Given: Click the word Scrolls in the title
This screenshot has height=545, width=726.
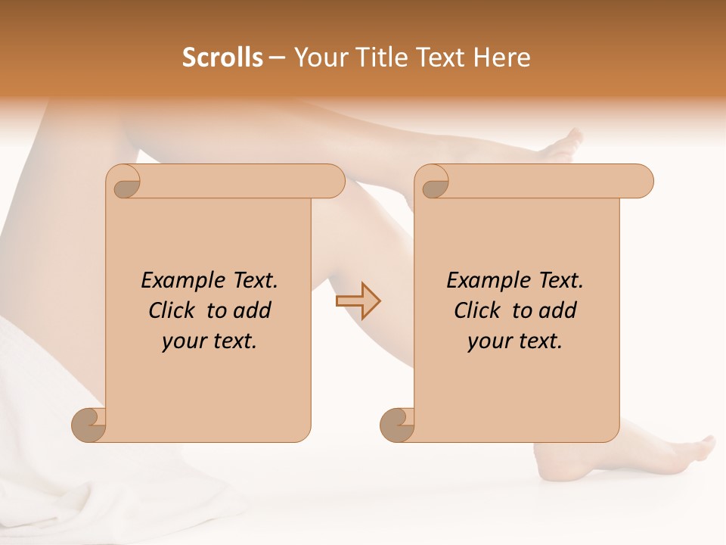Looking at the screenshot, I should coord(222,58).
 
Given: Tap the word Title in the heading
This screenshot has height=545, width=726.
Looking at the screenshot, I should coord(374,58).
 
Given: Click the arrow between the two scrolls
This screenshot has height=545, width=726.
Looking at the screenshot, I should coord(358,301).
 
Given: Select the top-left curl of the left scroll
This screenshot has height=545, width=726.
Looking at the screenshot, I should coord(124,182).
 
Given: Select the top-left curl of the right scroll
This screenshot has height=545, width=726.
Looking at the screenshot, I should coord(433,182).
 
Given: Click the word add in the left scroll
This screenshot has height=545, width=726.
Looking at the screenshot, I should coord(252,310).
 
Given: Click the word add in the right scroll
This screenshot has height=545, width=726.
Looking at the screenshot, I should coord(557,310).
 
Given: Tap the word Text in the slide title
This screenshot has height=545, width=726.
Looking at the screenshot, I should coord(441,58).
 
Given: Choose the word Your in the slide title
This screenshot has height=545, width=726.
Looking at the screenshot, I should coord(318,58).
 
